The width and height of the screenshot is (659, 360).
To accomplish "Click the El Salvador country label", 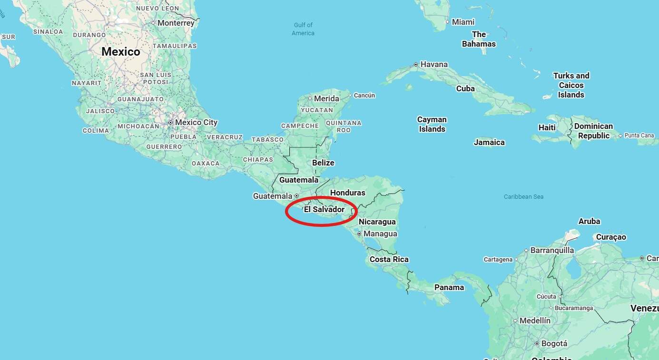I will [x=324, y=209].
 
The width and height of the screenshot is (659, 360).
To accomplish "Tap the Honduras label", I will [x=348, y=193].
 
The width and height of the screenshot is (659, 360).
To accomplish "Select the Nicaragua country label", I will [x=377, y=222].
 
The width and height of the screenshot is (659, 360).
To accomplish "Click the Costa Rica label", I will [x=389, y=259].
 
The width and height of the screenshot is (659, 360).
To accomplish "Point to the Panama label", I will [x=449, y=287].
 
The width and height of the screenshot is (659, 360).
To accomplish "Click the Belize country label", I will [x=323, y=163].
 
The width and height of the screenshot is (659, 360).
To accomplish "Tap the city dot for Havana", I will [x=416, y=64].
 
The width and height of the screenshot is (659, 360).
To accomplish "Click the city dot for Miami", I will [x=447, y=22].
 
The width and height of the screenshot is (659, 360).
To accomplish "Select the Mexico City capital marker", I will [x=170, y=123].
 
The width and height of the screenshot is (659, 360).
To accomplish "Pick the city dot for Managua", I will [x=359, y=234].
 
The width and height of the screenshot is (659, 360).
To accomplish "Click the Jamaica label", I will [x=489, y=142].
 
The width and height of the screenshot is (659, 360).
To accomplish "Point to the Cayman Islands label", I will [x=432, y=124].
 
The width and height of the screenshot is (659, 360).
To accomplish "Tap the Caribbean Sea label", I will [x=523, y=196].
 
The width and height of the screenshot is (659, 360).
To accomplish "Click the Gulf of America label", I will [x=303, y=29].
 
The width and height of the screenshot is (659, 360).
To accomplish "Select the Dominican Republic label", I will [x=593, y=131].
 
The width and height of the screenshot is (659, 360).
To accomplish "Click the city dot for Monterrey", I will [x=154, y=23].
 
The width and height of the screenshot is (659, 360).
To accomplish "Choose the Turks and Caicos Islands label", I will [x=571, y=85].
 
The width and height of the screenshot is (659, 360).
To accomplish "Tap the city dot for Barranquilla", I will [x=526, y=250].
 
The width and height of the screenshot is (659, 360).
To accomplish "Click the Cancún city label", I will [x=364, y=95].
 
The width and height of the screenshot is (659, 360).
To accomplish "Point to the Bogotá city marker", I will [x=537, y=343].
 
